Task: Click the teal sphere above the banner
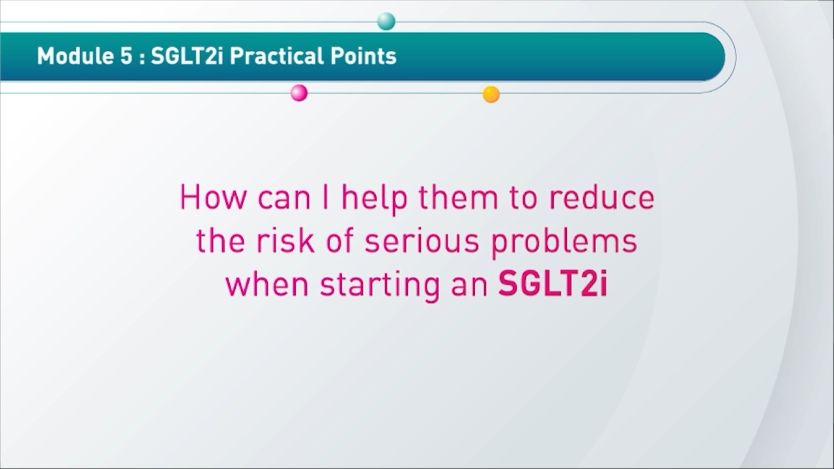386,21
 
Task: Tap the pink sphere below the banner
299,92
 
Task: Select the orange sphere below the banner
491,94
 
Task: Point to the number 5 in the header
126,57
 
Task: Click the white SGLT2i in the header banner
187,56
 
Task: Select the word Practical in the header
276,56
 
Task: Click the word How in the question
213,197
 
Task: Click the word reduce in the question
601,197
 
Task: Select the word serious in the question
422,241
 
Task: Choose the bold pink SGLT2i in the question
553,283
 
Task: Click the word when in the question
267,283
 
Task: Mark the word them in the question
458,197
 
